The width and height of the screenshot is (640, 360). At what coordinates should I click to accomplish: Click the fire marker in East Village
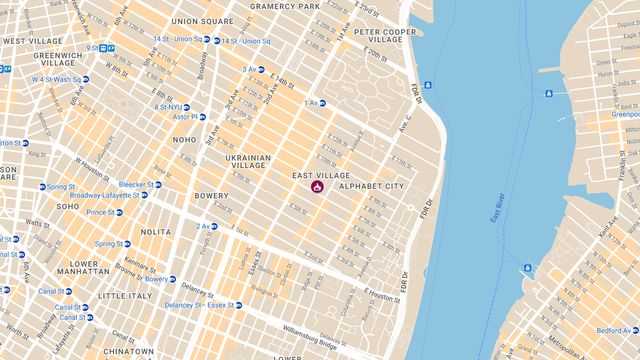click(x=317, y=187)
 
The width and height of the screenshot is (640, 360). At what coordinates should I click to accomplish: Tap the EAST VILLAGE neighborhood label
click(x=321, y=175)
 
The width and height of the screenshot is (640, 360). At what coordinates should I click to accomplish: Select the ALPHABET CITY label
click(x=372, y=186)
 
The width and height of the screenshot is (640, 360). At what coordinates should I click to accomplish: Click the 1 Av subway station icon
click(x=323, y=103)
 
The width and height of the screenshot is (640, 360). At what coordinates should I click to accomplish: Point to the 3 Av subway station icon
click(x=261, y=69)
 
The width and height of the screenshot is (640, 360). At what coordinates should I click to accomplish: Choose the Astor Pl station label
click(x=185, y=117)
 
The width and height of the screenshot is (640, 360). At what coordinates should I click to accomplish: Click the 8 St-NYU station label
click(x=168, y=107)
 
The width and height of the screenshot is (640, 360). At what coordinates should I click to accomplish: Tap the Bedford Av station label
click(x=613, y=331)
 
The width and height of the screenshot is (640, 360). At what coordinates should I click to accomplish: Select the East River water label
click(x=498, y=208)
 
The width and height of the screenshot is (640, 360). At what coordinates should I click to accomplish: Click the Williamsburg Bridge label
click(x=309, y=338)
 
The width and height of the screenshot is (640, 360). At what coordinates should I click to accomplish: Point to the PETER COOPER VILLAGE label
click(x=385, y=36)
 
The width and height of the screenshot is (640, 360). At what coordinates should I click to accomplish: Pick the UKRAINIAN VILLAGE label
click(x=248, y=162)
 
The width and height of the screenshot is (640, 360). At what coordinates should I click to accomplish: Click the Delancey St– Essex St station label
click(x=199, y=306)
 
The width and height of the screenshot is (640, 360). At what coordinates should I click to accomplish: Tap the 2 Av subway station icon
click(x=214, y=226)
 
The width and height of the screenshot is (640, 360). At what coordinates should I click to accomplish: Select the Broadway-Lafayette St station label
click(x=105, y=195)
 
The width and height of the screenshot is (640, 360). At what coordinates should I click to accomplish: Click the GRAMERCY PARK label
click(x=285, y=7)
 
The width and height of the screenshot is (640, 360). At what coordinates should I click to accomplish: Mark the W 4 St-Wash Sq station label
click(x=57, y=79)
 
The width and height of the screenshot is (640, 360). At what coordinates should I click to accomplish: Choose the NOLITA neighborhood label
click(x=156, y=232)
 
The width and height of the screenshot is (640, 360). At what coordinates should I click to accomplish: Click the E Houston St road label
click(x=382, y=295)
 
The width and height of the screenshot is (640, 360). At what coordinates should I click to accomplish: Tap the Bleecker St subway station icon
click(x=158, y=185)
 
